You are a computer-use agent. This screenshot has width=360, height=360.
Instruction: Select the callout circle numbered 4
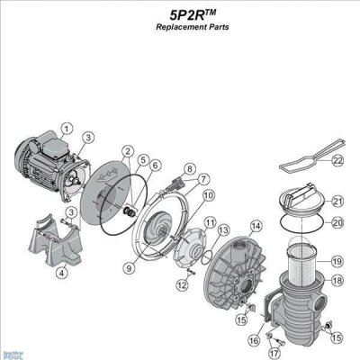[61, 274]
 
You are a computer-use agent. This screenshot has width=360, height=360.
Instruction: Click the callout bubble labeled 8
[189, 169]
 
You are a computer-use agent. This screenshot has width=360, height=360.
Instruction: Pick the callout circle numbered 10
[208, 193]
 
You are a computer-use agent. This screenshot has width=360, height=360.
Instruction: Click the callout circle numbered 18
[337, 280]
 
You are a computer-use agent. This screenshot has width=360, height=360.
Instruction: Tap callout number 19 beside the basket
[337, 261]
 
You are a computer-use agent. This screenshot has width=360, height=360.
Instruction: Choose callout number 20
[337, 222]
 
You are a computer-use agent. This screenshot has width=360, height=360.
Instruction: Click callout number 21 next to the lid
[337, 201]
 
